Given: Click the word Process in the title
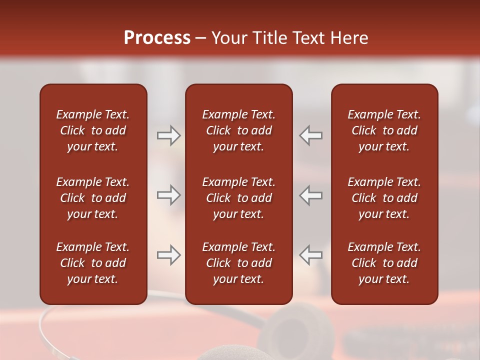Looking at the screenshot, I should pos(157,38).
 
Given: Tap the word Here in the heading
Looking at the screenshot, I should pos(349,38).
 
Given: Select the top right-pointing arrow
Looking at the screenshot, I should pos(169,135).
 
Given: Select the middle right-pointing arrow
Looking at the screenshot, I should pos(169,195).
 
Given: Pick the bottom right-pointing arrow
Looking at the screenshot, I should pos(169,255).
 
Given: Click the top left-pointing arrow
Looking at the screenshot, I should pos(310,135).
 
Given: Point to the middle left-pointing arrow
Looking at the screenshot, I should pos(310,195).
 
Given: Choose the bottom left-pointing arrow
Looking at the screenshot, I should pos(310,255).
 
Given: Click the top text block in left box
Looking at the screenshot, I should pos(93,130).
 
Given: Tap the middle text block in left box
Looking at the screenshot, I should pos(93,198).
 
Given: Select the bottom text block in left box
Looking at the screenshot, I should pos(93,263).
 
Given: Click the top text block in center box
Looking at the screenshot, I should pos(238,130).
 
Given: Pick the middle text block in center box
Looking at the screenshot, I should pos(238,198).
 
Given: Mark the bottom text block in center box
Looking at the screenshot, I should pos(238,263).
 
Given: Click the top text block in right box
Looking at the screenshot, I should pos(384,130).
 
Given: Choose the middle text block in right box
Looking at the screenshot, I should pos(384,198).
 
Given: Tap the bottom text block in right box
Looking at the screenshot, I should pos(384,263).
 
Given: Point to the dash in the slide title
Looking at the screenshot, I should pos(201,38).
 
